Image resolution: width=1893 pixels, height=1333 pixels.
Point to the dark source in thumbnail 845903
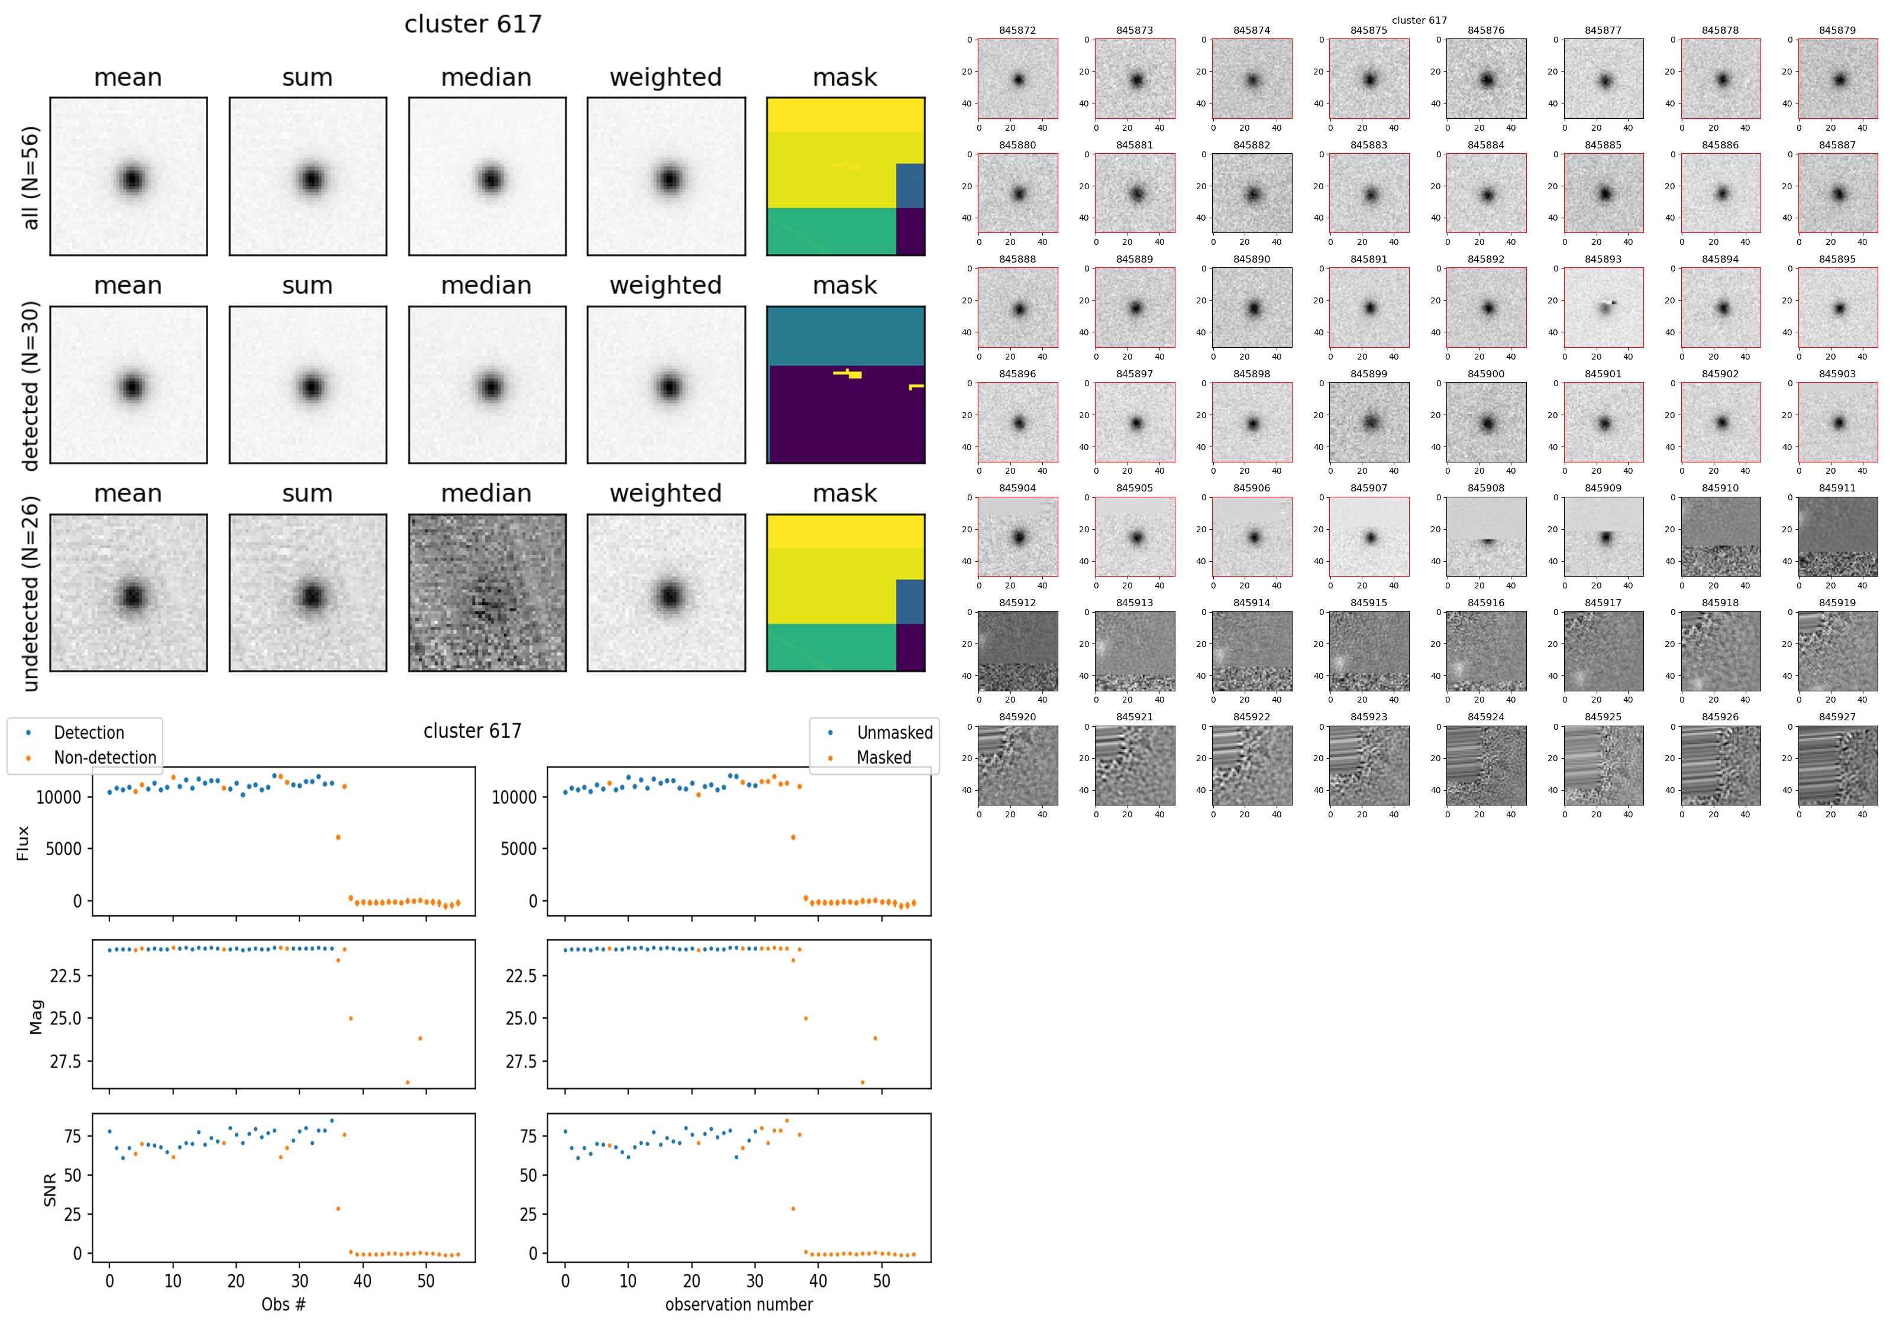click(x=1839, y=423)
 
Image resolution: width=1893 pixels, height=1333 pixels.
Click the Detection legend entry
click(x=88, y=733)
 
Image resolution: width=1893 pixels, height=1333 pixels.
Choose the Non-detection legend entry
click(x=105, y=758)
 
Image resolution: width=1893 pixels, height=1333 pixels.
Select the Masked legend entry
click(x=883, y=758)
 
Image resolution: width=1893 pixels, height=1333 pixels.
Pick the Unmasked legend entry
click(x=894, y=733)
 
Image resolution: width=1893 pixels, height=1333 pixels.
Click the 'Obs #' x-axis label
click(x=283, y=1304)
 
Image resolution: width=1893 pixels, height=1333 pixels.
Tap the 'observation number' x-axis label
click(x=739, y=1304)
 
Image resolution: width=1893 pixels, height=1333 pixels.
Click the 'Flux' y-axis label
click(x=23, y=843)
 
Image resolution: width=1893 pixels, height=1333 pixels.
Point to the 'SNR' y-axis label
click(x=50, y=1189)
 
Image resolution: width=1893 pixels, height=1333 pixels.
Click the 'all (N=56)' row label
click(x=31, y=177)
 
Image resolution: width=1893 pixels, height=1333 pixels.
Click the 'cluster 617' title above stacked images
click(x=473, y=24)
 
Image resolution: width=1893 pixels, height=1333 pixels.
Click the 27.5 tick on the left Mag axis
click(x=65, y=1062)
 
